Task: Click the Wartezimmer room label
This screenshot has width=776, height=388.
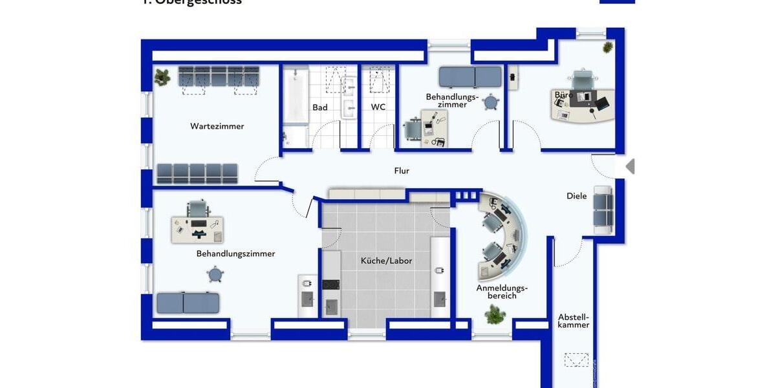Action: click(x=217, y=126)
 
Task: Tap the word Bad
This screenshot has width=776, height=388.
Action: click(x=320, y=107)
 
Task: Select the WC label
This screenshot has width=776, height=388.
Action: click(x=378, y=107)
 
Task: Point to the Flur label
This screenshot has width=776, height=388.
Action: click(x=402, y=171)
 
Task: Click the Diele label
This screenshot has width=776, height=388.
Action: click(x=577, y=196)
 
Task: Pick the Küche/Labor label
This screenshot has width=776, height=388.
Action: click(x=386, y=261)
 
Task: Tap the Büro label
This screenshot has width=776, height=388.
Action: click(x=563, y=95)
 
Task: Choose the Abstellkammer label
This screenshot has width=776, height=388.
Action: click(x=574, y=321)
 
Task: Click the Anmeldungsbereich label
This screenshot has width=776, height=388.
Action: click(x=502, y=292)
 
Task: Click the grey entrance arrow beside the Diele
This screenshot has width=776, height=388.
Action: click(x=630, y=167)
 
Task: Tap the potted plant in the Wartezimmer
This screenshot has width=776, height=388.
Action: click(x=162, y=76)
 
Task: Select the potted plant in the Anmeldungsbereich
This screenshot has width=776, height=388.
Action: click(x=495, y=315)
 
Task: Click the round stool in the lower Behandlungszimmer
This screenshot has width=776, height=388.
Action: click(x=215, y=275)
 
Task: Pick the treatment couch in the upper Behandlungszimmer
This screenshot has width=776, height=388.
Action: click(x=470, y=76)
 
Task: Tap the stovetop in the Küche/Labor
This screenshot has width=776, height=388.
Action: click(x=330, y=284)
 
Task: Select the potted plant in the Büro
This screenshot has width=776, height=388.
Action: click(x=608, y=47)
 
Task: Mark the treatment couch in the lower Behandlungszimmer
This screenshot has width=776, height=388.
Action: click(x=188, y=303)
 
